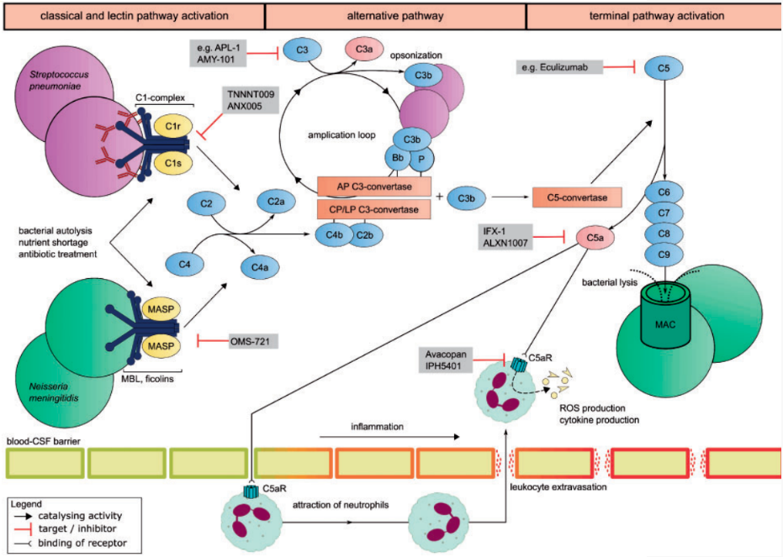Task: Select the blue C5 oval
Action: point(663,68)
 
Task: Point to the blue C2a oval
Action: point(275,202)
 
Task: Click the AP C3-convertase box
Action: point(374,186)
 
